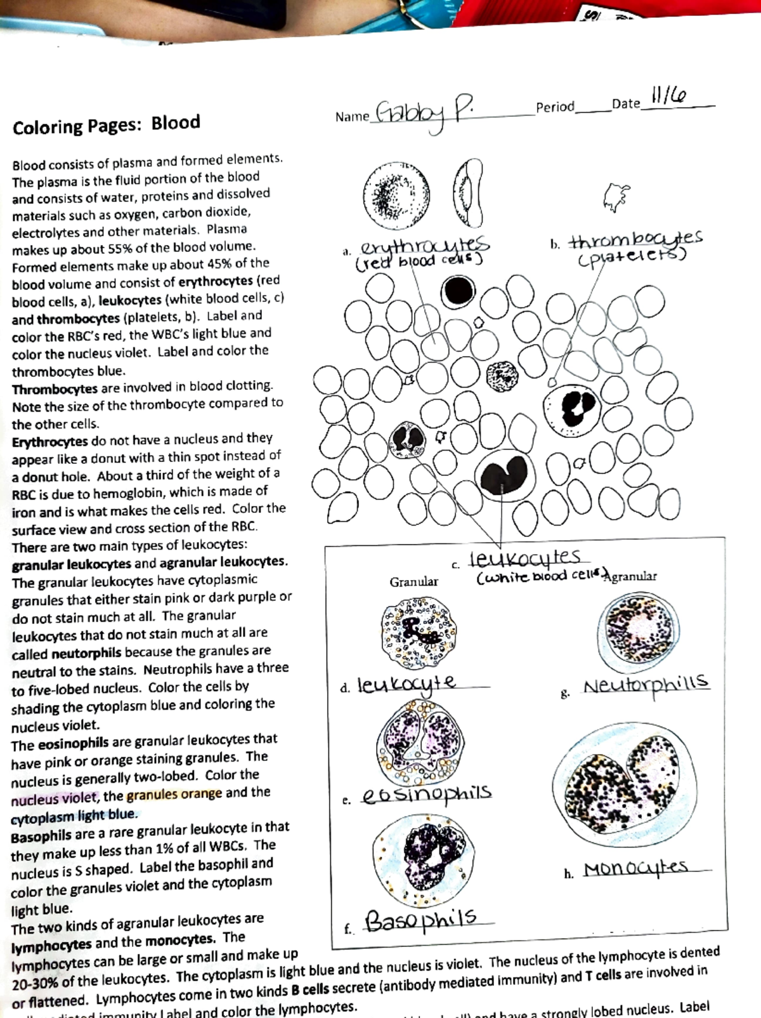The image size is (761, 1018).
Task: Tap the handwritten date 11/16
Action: click(668, 96)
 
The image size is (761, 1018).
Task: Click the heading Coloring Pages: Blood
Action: click(107, 124)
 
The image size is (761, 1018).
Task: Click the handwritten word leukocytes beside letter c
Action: click(524, 558)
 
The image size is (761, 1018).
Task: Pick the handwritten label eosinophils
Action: click(427, 794)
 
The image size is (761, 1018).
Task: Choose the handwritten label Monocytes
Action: click(635, 868)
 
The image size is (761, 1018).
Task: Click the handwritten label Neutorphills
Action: click(645, 685)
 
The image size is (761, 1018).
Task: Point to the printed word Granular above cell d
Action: click(413, 581)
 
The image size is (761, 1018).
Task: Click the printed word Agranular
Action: click(632, 576)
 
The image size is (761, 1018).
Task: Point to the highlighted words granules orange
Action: click(174, 794)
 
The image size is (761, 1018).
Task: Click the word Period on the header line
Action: click(555, 107)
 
